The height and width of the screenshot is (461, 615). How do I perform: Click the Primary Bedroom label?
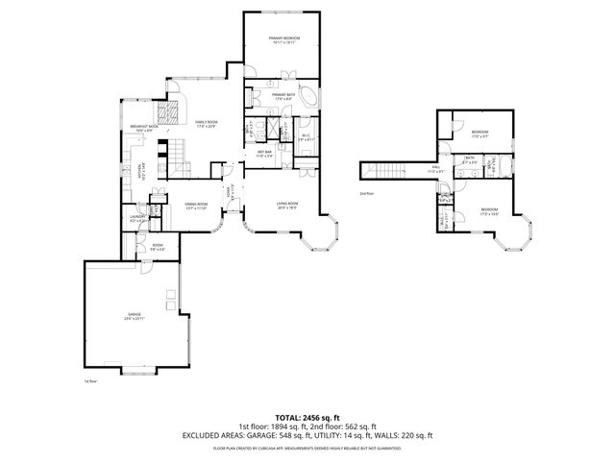[x=282, y=39]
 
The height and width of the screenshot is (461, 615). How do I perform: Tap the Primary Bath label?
[x=282, y=95]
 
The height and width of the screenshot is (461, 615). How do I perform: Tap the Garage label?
[x=133, y=316]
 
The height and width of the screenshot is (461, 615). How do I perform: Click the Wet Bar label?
[x=262, y=153]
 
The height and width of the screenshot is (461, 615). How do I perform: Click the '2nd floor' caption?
[x=365, y=193]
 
